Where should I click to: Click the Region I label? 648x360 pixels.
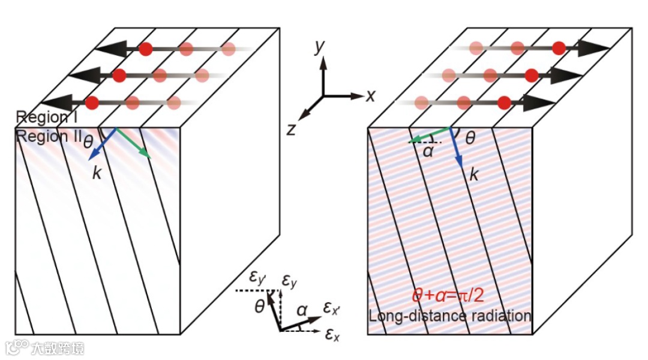coord(41,116)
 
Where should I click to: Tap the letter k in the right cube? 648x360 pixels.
coord(473,175)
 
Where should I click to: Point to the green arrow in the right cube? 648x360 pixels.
coord(429,134)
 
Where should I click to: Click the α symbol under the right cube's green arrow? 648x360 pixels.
coord(428,151)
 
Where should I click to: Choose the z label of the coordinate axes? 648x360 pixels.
coord(292,128)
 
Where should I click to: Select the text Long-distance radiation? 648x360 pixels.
coord(449,315)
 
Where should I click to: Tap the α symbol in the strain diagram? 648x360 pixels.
coord(302,310)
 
